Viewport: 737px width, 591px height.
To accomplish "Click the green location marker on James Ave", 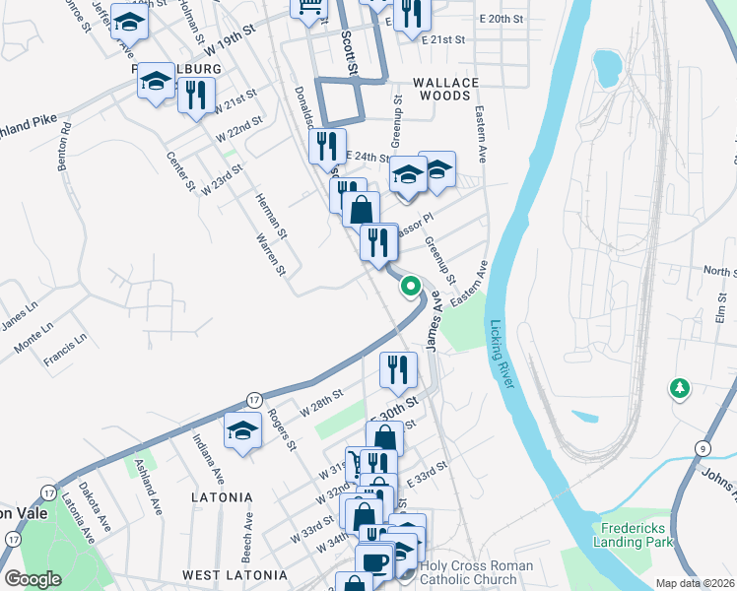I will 411,287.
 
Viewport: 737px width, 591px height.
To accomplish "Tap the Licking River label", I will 500,355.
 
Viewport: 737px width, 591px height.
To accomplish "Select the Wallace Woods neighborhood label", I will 445,90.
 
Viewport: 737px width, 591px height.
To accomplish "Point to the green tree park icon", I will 679,388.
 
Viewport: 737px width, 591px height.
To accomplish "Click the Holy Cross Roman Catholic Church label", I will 476,572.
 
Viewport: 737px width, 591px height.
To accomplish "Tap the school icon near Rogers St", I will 242,430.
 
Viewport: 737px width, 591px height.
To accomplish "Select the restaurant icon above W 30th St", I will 398,369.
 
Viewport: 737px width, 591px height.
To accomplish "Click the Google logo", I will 33,578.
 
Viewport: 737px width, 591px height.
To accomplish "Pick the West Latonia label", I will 234,574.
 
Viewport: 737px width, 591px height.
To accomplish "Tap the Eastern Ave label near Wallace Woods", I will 482,134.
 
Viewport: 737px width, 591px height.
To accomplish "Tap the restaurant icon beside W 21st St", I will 196,95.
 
